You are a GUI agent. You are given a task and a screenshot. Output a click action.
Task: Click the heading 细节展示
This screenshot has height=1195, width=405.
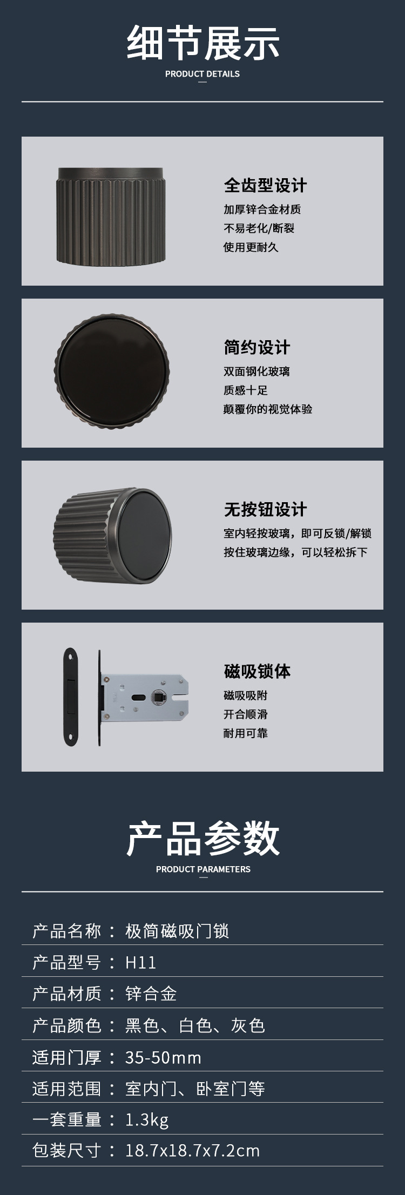(x=202, y=43)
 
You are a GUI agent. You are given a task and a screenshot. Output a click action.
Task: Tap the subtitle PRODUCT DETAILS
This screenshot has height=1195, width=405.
(x=202, y=74)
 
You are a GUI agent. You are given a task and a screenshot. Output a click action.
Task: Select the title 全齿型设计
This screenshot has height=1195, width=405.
(x=265, y=185)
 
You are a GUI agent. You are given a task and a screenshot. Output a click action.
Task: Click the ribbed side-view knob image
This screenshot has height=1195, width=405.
(x=111, y=216)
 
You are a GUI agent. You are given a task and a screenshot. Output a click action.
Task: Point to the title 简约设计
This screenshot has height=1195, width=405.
(x=257, y=347)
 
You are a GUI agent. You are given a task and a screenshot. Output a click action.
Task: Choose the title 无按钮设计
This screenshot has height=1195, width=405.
(x=265, y=509)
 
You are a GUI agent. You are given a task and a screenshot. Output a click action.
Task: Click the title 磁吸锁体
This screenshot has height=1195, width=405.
(x=257, y=671)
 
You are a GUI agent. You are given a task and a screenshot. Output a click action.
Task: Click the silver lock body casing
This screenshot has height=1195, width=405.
(x=146, y=697)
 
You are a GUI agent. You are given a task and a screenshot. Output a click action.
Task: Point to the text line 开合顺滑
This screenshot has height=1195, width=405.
(x=246, y=714)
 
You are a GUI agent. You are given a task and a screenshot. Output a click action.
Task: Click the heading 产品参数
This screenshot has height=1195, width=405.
(x=202, y=839)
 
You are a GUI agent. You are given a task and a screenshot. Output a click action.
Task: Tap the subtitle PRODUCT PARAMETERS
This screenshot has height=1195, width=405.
(x=203, y=869)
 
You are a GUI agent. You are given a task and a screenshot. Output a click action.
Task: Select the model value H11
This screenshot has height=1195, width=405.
(x=140, y=962)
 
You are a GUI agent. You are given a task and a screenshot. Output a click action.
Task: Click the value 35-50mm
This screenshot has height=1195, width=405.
(x=163, y=1057)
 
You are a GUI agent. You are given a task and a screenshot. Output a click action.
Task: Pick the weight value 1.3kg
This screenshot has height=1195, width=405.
(x=147, y=1120)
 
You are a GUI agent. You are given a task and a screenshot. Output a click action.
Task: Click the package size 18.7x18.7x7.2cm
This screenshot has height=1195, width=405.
(x=192, y=1151)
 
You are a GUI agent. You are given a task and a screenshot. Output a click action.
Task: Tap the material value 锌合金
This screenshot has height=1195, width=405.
(x=151, y=994)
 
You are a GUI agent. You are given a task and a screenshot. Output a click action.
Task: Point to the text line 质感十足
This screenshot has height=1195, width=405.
(x=246, y=390)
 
